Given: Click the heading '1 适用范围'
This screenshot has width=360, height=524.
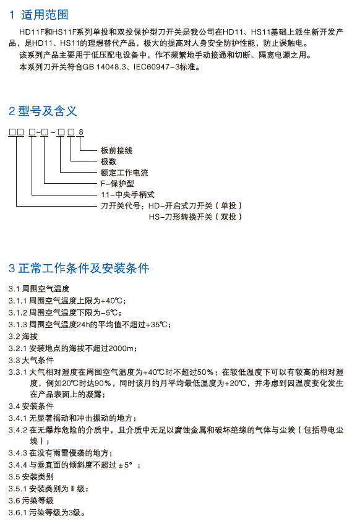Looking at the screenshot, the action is tap(39, 15).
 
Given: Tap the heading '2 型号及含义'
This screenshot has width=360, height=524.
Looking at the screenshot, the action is tap(43, 111).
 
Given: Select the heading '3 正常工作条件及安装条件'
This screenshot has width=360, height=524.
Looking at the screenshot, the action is tap(79, 268).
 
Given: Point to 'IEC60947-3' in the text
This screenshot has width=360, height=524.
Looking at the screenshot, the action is tap(156, 67).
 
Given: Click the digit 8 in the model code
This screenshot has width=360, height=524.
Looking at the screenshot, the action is tap(81, 132).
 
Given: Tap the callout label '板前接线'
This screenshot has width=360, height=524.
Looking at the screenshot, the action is tap(117, 150).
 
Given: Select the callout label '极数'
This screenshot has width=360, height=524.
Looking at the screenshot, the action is tap(109, 161).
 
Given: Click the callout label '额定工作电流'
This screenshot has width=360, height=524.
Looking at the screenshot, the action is tap(124, 173).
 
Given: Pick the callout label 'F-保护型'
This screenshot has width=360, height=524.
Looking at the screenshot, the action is tap(118, 184).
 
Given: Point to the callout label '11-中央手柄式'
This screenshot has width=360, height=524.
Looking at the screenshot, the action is tap(127, 194).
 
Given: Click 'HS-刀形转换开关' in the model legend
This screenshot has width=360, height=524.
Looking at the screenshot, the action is tap(181, 217).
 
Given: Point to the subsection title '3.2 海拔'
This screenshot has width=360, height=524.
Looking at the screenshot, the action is tap(23, 336).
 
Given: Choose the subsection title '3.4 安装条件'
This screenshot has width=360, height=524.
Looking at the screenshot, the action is tap(31, 406).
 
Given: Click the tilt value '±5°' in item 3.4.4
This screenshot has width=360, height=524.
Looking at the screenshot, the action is tap(126, 465).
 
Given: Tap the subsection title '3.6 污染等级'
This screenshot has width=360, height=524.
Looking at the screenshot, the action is tap(31, 500).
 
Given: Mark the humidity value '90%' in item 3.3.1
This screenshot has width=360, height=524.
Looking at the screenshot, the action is tap(103, 384).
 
